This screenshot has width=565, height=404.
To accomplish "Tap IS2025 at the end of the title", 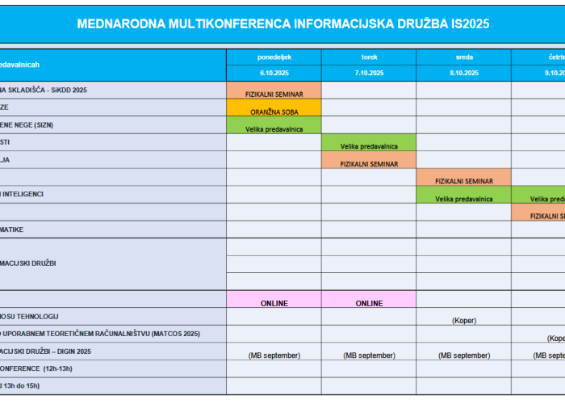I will (x=467, y=23).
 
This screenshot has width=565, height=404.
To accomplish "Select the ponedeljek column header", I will (x=274, y=57).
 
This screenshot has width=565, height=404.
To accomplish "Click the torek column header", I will (x=369, y=57).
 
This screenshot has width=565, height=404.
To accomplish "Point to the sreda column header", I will (x=464, y=57).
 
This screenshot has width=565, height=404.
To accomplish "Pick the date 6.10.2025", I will (x=274, y=73).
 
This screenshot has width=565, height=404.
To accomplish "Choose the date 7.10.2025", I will (x=369, y=73).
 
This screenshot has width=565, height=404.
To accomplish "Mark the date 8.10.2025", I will (x=464, y=73).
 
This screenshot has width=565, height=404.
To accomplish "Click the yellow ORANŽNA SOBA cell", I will (x=274, y=112).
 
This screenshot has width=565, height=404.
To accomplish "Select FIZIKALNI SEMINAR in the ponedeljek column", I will (x=274, y=94).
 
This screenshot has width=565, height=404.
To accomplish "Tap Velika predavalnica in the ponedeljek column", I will (x=274, y=128).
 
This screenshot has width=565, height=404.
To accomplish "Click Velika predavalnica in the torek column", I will (x=369, y=146).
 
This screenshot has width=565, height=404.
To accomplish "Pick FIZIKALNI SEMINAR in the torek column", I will (x=369, y=164).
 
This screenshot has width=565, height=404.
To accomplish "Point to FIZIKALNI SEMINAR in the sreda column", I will (x=464, y=181).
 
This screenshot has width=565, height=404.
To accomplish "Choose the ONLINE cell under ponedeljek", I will (x=274, y=303).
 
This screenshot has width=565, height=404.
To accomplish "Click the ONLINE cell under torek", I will (x=369, y=303).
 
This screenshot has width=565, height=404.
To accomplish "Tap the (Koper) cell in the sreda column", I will (x=464, y=320).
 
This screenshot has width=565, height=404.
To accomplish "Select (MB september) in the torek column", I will (x=369, y=355).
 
